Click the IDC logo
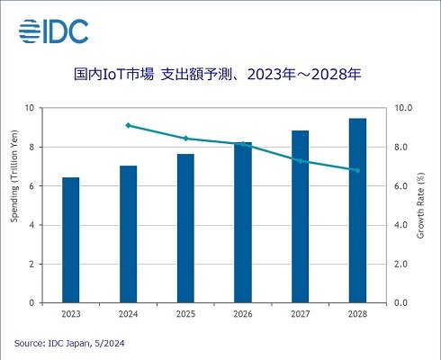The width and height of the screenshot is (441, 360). pyautogui.click(x=53, y=31)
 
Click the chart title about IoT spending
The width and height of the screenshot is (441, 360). pyautogui.click(x=221, y=75)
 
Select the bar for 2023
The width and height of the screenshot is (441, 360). pyautogui.click(x=71, y=240)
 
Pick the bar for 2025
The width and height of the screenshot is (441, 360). pyautogui.click(x=185, y=229)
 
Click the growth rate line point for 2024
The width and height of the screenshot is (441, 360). pyautogui.click(x=129, y=125)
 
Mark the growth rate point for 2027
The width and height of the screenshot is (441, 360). pyautogui.click(x=301, y=161)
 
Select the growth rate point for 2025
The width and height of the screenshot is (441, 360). pyautogui.click(x=185, y=139)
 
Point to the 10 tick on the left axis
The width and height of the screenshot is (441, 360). pyautogui.click(x=31, y=108)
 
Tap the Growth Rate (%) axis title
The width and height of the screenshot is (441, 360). pyautogui.click(x=421, y=205)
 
